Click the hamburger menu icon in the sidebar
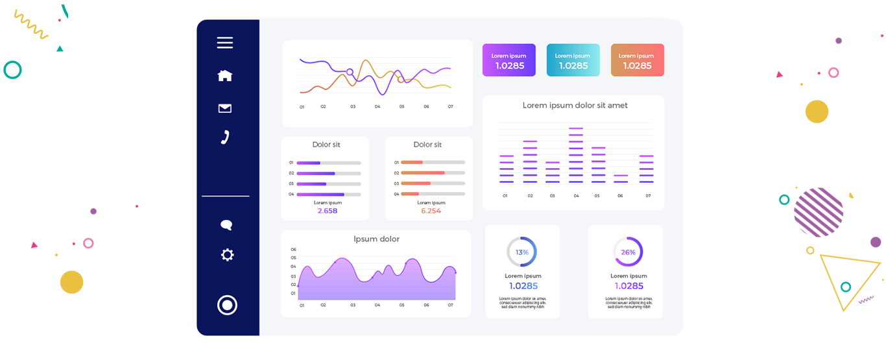pos(225,43)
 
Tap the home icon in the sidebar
pos(225,76)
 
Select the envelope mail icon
pos(225,108)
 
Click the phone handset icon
pos(225,137)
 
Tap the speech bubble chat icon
pos(226,225)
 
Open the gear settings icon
pos(227,255)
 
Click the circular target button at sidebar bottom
pos(227,305)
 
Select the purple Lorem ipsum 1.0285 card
pos(509,60)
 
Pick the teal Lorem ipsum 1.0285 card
pos(573,60)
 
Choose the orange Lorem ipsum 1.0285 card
pos(638,60)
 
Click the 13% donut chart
pos(521,252)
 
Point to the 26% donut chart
pos(628,252)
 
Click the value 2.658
pos(328,211)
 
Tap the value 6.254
pos(431,211)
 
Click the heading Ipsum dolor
pos(376,239)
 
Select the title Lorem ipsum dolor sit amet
pos(575,105)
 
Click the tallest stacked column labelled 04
pos(576,156)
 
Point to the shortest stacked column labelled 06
pos(621,178)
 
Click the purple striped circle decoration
pos(819,212)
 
